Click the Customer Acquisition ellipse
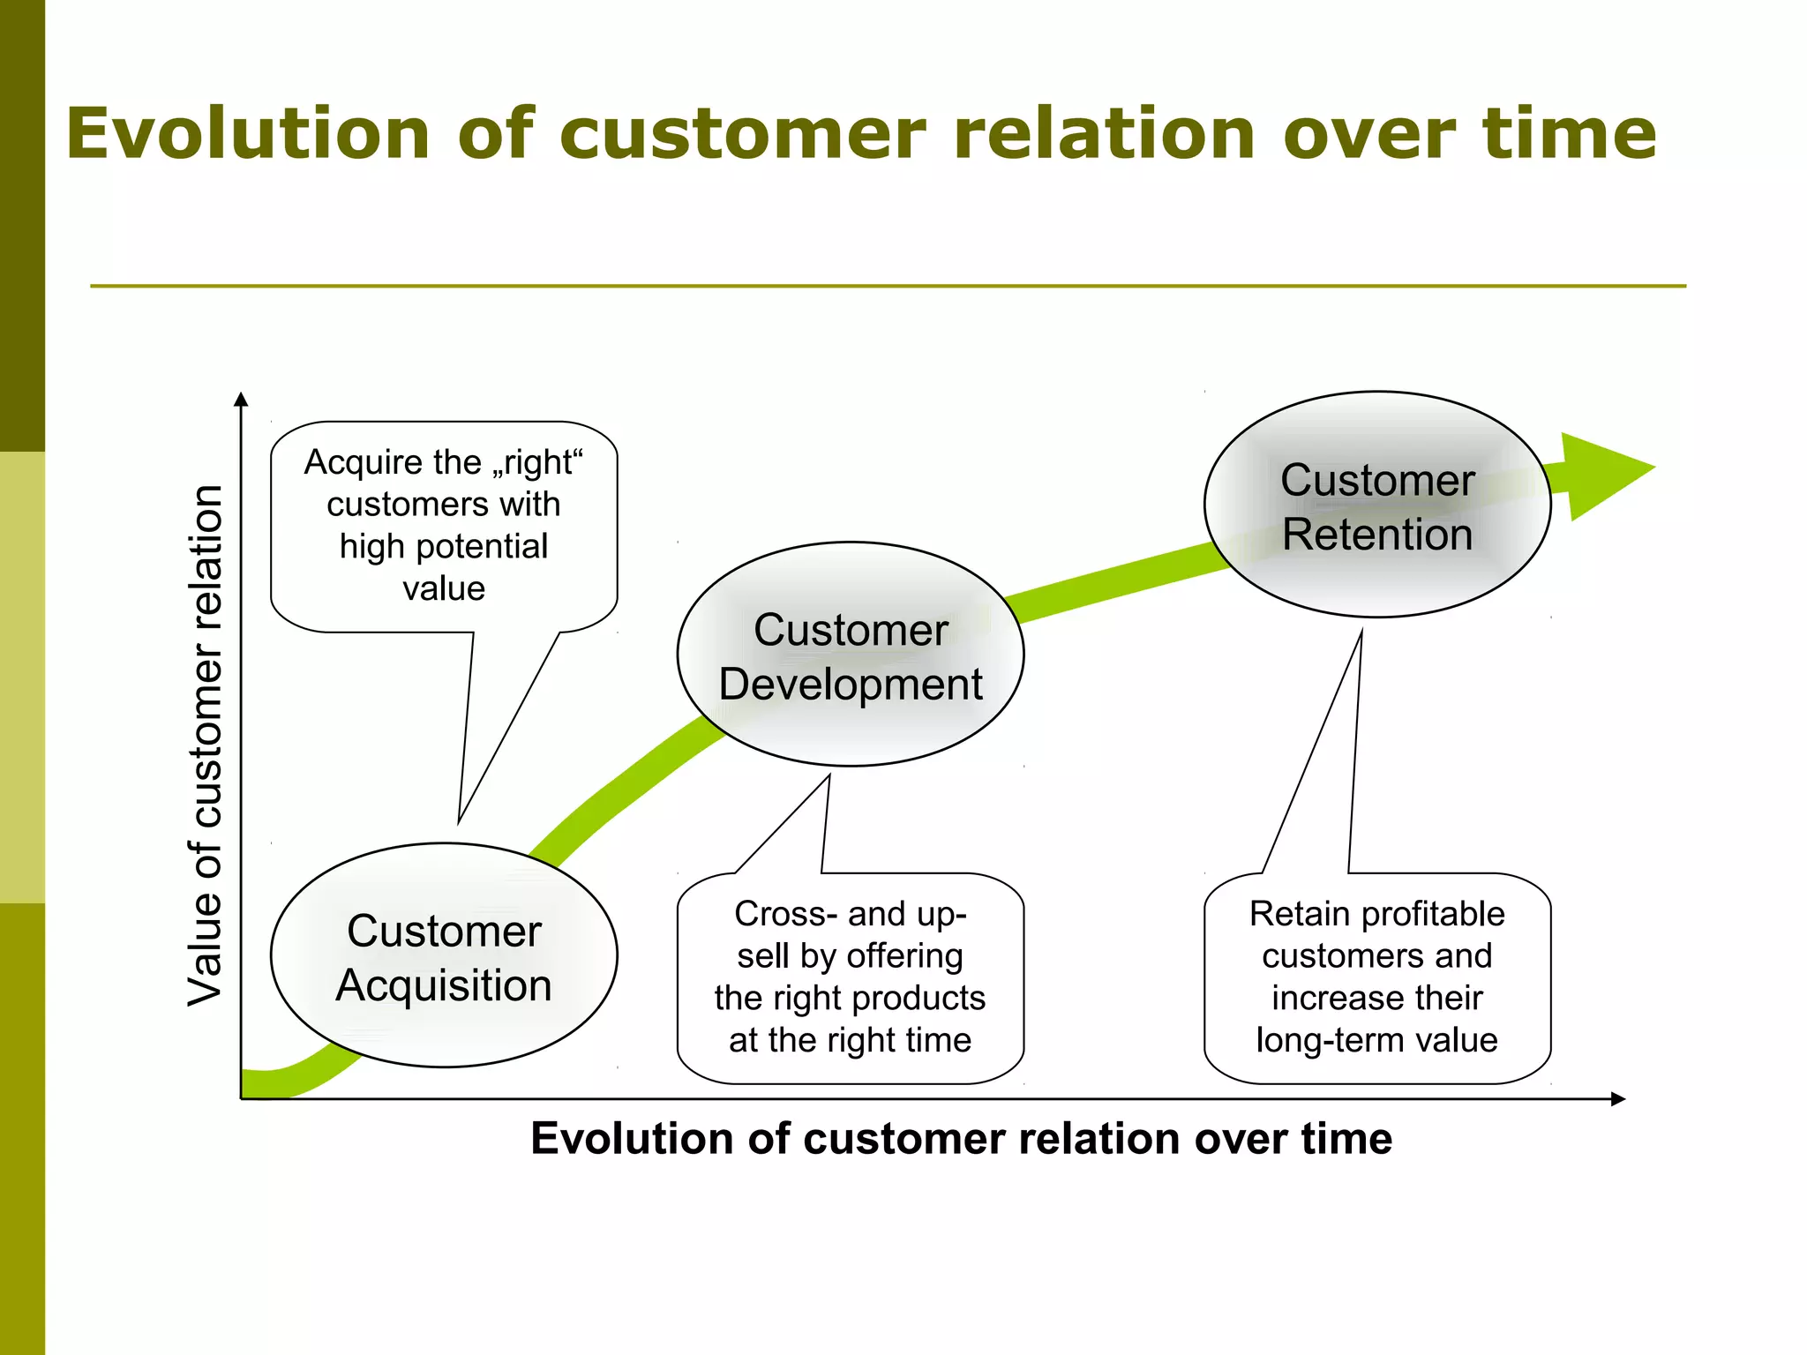click(444, 955)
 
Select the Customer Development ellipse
click(850, 654)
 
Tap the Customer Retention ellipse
click(1376, 505)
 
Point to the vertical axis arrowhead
click(241, 399)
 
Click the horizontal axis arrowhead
click(1617, 1099)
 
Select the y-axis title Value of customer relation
click(206, 745)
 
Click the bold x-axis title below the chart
click(961, 1138)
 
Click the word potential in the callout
click(481, 546)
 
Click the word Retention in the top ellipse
click(1377, 535)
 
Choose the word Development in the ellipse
click(850, 685)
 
